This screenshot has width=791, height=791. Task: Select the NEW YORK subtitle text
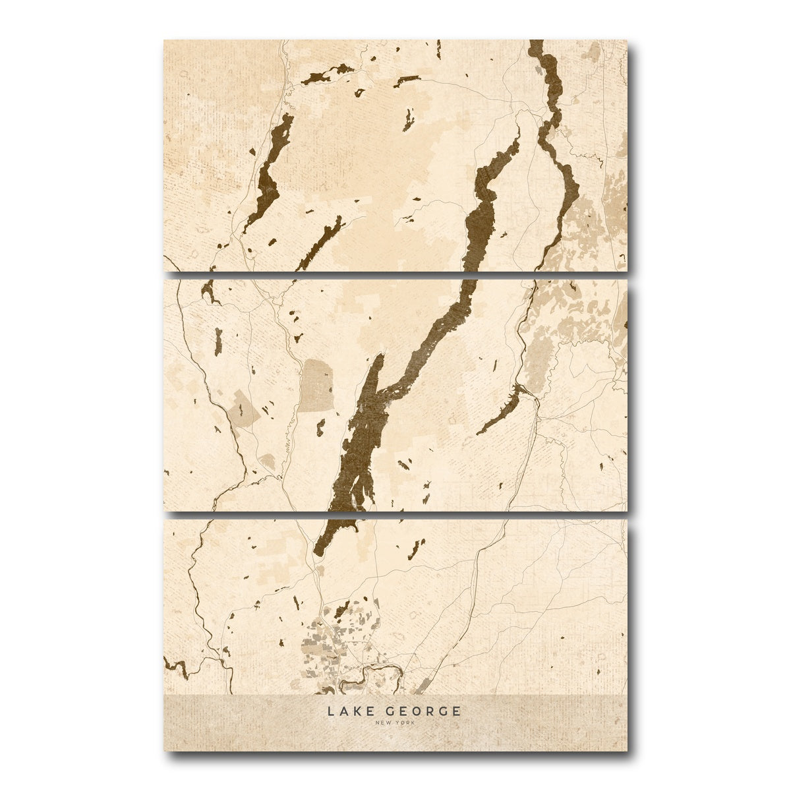(x=395, y=723)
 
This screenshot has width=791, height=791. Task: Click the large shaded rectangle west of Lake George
(x=317, y=385)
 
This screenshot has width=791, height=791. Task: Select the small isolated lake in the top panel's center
(x=409, y=119)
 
